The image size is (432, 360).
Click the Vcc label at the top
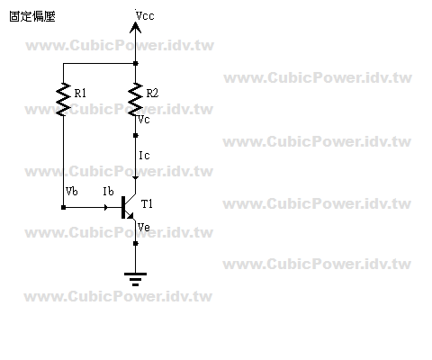coord(145,15)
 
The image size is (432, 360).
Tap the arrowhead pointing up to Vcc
coord(135,27)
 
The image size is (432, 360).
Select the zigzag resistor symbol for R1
coord(63,99)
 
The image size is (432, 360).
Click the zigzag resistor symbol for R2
coord(135,99)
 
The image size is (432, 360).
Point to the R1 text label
coord(80,94)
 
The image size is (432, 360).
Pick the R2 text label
coord(152,94)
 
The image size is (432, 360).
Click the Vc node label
coord(144,120)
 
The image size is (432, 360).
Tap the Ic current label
coord(144,156)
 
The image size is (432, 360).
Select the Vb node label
coord(72,191)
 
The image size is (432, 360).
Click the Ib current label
coord(108,191)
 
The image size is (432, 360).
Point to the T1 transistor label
coord(147,204)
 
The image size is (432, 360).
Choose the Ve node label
coord(144,227)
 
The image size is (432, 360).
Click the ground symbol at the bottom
coord(135,279)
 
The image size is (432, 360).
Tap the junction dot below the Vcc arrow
coord(135,63)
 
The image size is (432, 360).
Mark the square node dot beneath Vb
coord(63,207)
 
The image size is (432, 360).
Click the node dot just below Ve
coord(135,243)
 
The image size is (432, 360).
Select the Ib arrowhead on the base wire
coord(105,207)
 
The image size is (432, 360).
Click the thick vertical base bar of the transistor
coord(123,207)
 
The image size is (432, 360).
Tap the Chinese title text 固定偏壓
coord(32,16)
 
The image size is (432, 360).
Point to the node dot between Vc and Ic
coord(135,135)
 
